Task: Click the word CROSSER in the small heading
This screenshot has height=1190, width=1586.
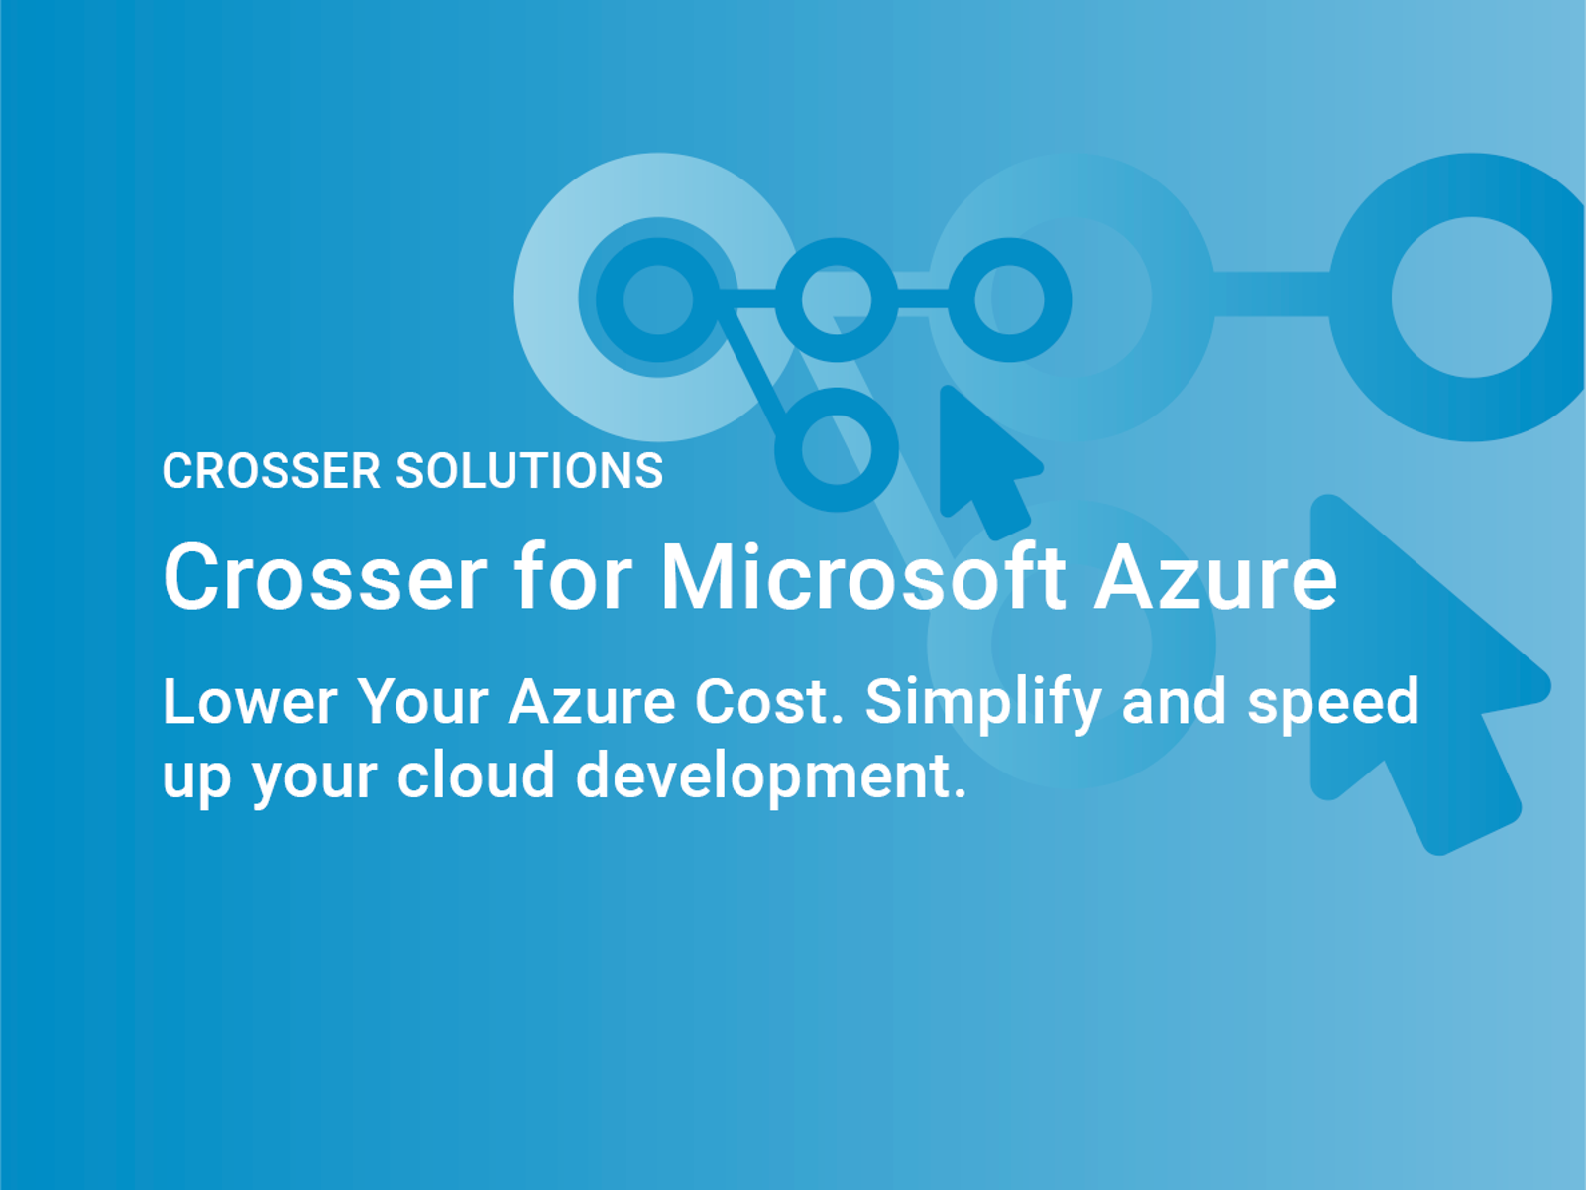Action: [271, 471]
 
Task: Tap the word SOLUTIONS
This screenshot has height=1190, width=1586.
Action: [529, 471]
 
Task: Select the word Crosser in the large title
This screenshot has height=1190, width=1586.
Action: [325, 577]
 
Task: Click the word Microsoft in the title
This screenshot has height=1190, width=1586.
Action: [862, 577]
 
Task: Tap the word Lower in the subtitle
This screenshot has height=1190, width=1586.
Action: [250, 702]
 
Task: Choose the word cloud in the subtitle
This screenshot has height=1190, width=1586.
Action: [476, 775]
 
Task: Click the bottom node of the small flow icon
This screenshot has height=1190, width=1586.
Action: [837, 449]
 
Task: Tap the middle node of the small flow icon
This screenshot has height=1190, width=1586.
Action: [837, 298]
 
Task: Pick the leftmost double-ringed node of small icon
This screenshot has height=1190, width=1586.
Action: [658, 298]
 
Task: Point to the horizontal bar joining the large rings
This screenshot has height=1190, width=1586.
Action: [1271, 295]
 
